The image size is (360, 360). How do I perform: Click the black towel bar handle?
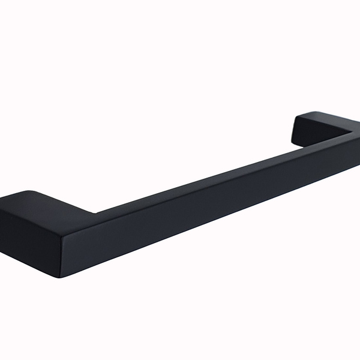coord(180,192)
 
